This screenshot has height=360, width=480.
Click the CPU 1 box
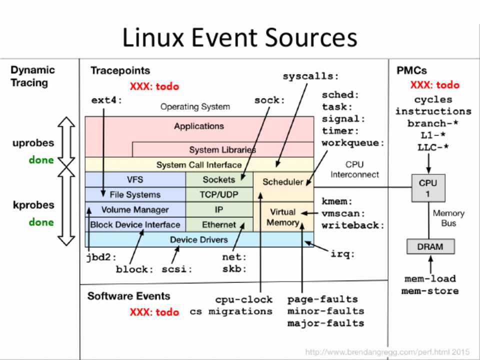428,188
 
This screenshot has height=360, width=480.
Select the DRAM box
430,246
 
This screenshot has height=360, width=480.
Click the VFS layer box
135,179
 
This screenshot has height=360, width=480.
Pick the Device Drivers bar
199,239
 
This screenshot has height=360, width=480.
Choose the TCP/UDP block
219,194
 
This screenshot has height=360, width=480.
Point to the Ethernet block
219,225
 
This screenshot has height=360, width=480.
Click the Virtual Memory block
283,217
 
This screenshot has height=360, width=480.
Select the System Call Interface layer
199,164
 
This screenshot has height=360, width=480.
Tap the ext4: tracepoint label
106,100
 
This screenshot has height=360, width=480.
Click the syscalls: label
310,76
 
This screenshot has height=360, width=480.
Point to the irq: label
342,253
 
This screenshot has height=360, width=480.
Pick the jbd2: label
100,257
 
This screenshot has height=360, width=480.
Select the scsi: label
177,269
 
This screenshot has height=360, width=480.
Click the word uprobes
33,143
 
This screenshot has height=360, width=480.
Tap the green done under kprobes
41,222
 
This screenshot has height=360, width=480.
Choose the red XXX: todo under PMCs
434,85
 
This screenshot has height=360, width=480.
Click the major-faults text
325,323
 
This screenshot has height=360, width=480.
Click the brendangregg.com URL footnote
387,352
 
